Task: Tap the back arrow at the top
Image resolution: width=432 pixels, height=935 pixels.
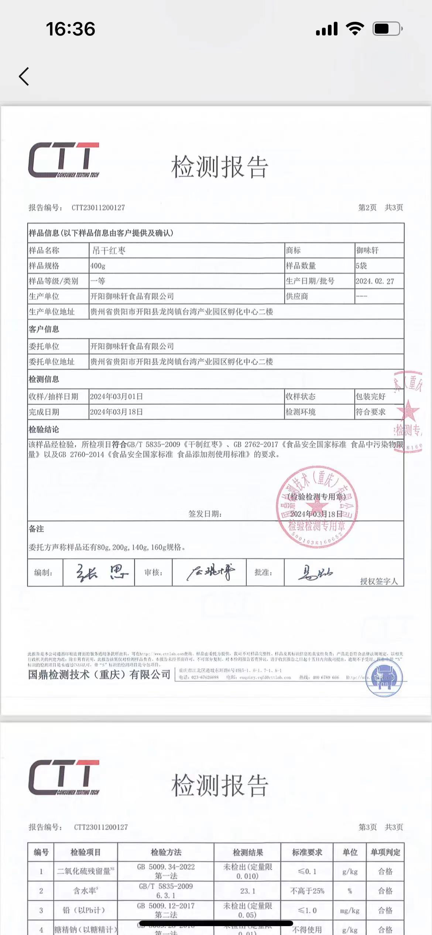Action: [24, 77]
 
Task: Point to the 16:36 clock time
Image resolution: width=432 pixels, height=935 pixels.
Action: [71, 29]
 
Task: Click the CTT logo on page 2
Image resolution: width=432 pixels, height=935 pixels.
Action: [64, 160]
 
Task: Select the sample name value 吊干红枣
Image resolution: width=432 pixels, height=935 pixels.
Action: [109, 251]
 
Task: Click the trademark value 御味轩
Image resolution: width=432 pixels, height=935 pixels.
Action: [367, 250]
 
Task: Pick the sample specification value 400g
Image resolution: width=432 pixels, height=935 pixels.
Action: [98, 266]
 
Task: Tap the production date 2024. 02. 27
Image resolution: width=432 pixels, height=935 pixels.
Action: [375, 281]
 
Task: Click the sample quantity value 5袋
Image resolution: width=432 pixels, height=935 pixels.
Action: [361, 266]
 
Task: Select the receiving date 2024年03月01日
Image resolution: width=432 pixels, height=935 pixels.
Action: [116, 397]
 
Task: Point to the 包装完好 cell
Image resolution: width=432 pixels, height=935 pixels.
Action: [370, 397]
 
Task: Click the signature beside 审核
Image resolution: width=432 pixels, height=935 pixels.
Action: [210, 572]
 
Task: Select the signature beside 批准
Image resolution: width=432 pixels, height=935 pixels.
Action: [315, 573]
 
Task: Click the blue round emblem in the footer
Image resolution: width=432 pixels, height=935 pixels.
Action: [384, 678]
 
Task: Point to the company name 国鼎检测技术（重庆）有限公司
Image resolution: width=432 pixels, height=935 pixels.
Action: [99, 675]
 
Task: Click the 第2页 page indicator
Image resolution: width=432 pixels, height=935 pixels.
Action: [367, 208]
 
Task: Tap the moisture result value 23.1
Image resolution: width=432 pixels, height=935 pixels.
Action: [248, 891]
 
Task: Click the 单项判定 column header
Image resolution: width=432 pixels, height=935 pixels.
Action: [385, 852]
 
